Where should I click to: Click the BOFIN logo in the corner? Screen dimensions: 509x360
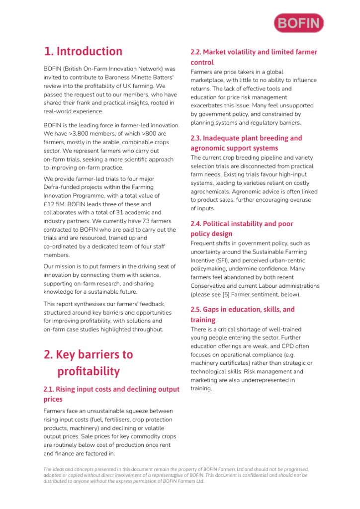tap(298, 23)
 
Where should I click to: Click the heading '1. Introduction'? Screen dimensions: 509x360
tap(83, 51)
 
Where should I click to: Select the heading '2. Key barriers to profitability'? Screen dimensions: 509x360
tap(89, 363)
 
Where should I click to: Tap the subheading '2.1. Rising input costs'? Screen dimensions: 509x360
tap(111, 394)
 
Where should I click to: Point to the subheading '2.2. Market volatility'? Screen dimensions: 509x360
tap(254, 57)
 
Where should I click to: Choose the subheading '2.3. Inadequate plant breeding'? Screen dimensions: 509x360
tap(246, 143)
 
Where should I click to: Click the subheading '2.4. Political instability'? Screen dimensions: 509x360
tap(242, 229)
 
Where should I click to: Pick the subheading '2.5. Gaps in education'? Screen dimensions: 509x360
tap(242, 314)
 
